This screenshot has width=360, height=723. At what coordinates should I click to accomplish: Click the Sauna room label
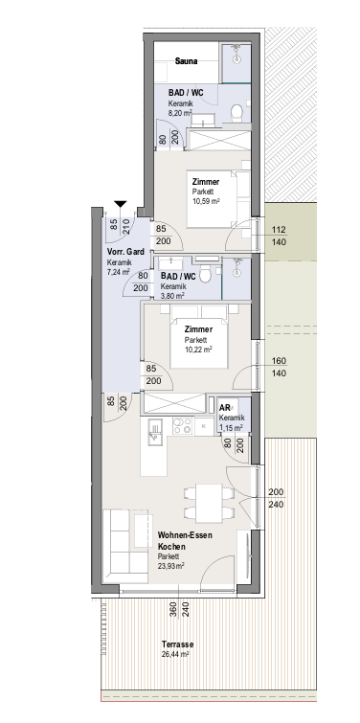(186, 61)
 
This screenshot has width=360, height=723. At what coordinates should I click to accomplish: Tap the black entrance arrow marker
(121, 204)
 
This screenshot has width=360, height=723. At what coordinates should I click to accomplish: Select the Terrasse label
(177, 644)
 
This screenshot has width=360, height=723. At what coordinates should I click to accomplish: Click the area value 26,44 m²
(175, 654)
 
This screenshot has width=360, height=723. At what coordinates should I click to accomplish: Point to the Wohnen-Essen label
(185, 536)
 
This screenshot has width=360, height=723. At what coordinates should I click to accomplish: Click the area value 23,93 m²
(171, 565)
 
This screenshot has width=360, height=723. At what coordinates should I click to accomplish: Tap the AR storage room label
(225, 408)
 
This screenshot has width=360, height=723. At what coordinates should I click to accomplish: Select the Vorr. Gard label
(125, 252)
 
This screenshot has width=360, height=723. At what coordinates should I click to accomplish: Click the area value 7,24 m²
(119, 272)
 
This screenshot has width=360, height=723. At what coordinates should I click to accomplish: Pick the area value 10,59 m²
(206, 200)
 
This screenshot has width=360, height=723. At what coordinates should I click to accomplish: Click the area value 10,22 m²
(198, 350)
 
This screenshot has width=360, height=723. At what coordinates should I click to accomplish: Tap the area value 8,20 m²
(180, 112)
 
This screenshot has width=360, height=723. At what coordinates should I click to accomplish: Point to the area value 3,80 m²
(172, 296)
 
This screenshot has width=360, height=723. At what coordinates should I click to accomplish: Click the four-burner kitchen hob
(183, 425)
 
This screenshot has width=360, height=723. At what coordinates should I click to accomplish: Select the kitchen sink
(155, 432)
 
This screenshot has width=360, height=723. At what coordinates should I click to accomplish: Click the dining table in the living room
(209, 503)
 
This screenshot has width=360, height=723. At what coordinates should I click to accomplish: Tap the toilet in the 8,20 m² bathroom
(236, 112)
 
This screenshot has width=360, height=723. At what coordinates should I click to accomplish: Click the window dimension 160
(279, 361)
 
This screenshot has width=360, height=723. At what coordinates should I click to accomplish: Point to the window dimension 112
(279, 229)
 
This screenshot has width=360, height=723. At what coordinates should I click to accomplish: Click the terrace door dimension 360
(173, 610)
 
